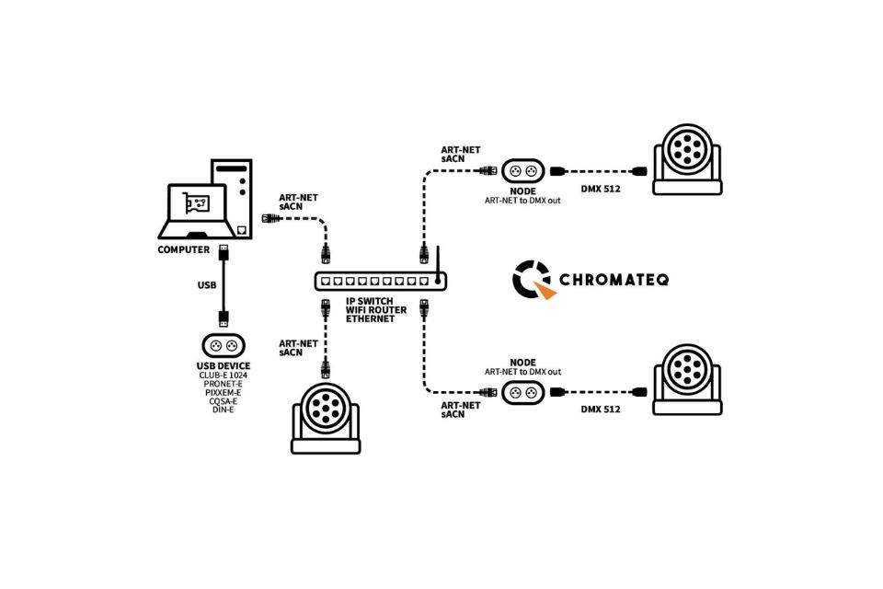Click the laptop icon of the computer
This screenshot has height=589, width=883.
pyautogui.click(x=196, y=212)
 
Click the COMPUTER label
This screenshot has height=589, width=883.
pyautogui.click(x=183, y=249)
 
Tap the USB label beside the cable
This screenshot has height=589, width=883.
pyautogui.click(x=207, y=285)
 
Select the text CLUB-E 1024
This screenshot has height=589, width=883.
pyautogui.click(x=223, y=375)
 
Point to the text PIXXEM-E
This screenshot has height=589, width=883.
pyautogui.click(x=223, y=392)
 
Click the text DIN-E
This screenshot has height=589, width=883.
pyautogui.click(x=223, y=410)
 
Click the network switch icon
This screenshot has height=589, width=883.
pyautogui.click(x=373, y=282)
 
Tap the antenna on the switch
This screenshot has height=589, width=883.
pyautogui.click(x=438, y=261)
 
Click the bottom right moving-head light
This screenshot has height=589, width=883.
pyautogui.click(x=686, y=379)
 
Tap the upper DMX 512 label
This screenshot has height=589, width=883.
pyautogui.click(x=602, y=189)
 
